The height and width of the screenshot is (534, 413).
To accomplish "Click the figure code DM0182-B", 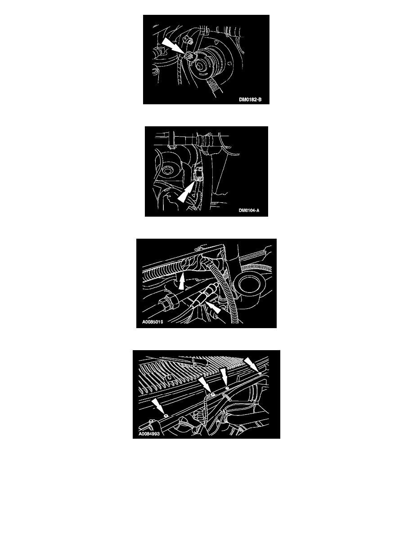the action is coord(250,100).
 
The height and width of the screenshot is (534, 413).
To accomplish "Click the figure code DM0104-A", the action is coord(249,210).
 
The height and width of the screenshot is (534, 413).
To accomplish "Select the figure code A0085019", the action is coord(153,322).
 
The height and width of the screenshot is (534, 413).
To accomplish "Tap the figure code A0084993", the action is coord(149,434).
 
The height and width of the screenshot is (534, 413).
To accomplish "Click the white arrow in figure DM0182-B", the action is coord(173,46).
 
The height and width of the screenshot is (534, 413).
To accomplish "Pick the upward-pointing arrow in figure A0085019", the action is coord(182,280).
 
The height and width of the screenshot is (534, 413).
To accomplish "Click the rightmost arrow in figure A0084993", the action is coord(252,365).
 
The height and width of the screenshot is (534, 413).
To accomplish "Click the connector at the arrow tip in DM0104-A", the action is coord(198,174).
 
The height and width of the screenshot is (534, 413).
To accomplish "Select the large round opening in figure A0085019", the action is coord(251,285).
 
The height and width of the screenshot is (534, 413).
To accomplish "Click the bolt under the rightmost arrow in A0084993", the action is coord(260,374).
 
